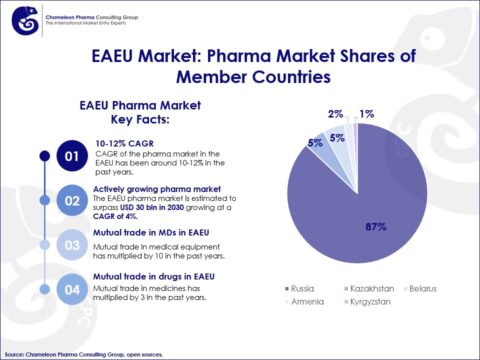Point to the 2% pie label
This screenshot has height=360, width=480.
click(x=335, y=115)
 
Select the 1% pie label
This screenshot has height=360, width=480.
click(x=367, y=115)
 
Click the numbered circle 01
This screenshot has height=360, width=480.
click(x=70, y=157)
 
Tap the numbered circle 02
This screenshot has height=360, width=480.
click(x=70, y=200)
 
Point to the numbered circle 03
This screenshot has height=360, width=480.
click(x=70, y=243)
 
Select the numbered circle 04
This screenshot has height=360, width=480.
click(x=70, y=291)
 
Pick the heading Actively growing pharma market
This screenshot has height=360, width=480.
click(x=155, y=187)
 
